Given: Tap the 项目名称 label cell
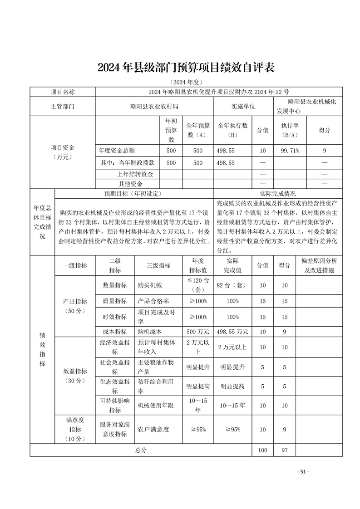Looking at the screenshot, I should click(63, 92).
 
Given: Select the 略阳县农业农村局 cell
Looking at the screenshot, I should click(154, 106).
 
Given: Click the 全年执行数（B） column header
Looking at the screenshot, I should click(232, 130).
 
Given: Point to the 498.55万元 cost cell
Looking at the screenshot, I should click(232, 332).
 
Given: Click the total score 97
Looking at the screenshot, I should click(284, 450).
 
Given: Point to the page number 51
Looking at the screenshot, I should click(303, 472).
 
